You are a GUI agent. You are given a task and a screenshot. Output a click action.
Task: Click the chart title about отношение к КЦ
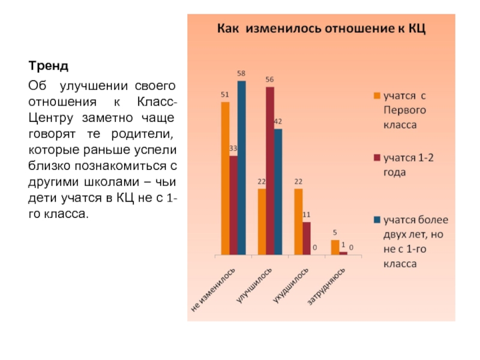pyautogui.click(x=321, y=29)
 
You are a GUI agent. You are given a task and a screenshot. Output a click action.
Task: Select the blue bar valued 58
pyautogui.click(x=241, y=168)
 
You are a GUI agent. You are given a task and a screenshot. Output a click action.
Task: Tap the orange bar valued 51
pyautogui.click(x=225, y=179)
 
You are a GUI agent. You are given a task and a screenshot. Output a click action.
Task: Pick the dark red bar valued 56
pyautogui.click(x=270, y=171)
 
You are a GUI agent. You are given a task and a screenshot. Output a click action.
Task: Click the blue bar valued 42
pyautogui.click(x=278, y=192)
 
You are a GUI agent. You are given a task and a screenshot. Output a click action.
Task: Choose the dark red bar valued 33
pyautogui.click(x=233, y=206)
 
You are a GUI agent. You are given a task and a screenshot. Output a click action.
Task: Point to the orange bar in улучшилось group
pyautogui.click(x=262, y=222)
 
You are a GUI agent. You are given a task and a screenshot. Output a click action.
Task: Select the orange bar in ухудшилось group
pyautogui.click(x=298, y=222)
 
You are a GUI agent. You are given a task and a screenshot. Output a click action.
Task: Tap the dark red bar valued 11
pyautogui.click(x=307, y=239)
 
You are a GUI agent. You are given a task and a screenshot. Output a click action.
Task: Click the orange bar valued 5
pyautogui.click(x=335, y=248)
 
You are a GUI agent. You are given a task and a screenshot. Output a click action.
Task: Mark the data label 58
pyautogui.click(x=241, y=74)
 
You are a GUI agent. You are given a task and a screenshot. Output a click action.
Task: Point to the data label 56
pyautogui.click(x=270, y=80)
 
